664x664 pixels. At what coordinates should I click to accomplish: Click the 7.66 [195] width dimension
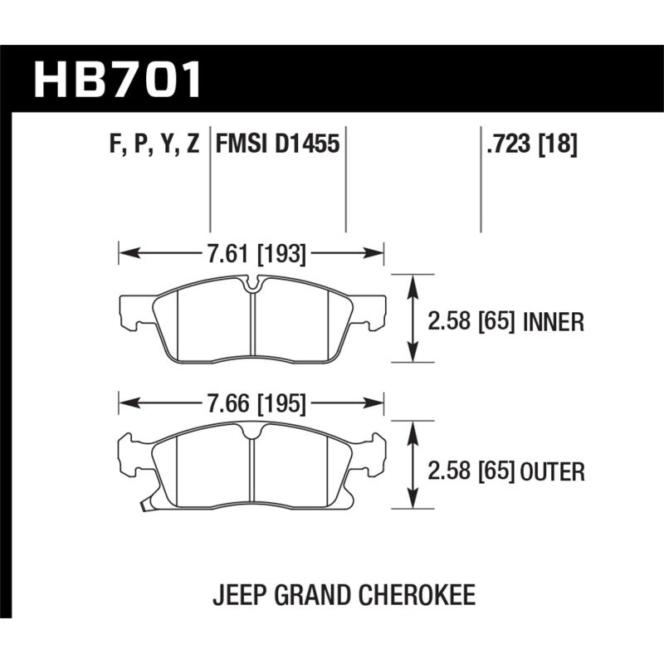[255, 404]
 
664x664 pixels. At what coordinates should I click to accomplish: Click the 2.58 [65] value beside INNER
[469, 321]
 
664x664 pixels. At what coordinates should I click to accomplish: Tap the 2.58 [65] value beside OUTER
[469, 472]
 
